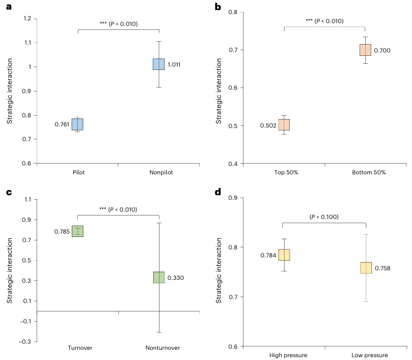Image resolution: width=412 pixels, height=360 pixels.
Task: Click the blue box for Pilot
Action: pyautogui.click(x=77, y=124)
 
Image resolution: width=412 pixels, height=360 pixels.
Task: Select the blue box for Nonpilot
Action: pyautogui.click(x=159, y=64)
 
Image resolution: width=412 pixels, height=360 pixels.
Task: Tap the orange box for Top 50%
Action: pyautogui.click(x=284, y=125)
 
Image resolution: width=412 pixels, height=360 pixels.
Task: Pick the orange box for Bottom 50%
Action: pyautogui.click(x=365, y=50)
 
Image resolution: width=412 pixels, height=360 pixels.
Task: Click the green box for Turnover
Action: pyautogui.click(x=77, y=231)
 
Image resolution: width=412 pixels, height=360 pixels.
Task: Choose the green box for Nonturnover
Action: pyautogui.click(x=159, y=277)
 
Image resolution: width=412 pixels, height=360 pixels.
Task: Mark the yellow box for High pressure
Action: pyautogui.click(x=284, y=255)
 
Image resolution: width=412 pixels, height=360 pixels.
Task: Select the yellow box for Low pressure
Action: pyautogui.click(x=366, y=267)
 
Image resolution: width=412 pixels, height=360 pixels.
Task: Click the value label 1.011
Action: pyautogui.click(x=174, y=64)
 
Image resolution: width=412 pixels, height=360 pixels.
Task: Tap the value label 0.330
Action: pyautogui.click(x=175, y=278)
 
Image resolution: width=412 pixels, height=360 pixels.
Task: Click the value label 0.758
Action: pyautogui.click(x=383, y=268)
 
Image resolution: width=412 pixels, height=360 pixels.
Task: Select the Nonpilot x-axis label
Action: pyautogui.click(x=159, y=172)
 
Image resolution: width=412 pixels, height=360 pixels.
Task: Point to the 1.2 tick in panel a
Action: pyautogui.click(x=26, y=19)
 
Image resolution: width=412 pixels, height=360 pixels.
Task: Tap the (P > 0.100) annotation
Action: pyautogui.click(x=324, y=217)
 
